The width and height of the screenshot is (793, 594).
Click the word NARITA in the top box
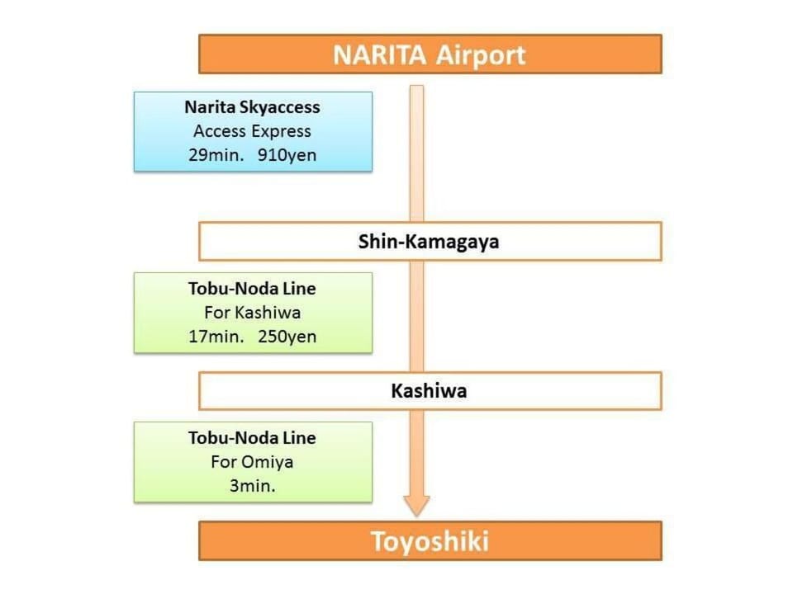(x=379, y=54)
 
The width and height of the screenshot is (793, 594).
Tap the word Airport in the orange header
(x=481, y=55)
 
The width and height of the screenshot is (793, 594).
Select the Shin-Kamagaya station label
(x=429, y=242)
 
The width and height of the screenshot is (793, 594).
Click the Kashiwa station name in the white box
(x=429, y=390)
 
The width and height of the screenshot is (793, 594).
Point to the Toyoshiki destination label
(x=430, y=541)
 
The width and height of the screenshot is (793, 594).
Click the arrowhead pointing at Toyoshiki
(x=416, y=505)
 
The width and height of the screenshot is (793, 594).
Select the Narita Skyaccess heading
(x=253, y=107)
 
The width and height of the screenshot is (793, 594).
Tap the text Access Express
(x=253, y=131)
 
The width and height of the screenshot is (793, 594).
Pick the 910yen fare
(x=287, y=155)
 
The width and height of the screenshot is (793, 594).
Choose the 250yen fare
(x=287, y=337)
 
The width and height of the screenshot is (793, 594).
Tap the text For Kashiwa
(x=253, y=313)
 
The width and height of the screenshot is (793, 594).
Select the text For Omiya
(x=253, y=462)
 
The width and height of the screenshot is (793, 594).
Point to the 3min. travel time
(x=253, y=486)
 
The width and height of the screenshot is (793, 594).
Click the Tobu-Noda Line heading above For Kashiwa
(x=253, y=289)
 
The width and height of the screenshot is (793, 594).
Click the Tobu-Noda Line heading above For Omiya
(x=253, y=438)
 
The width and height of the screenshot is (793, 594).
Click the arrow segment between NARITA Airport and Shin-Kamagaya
(x=416, y=153)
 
